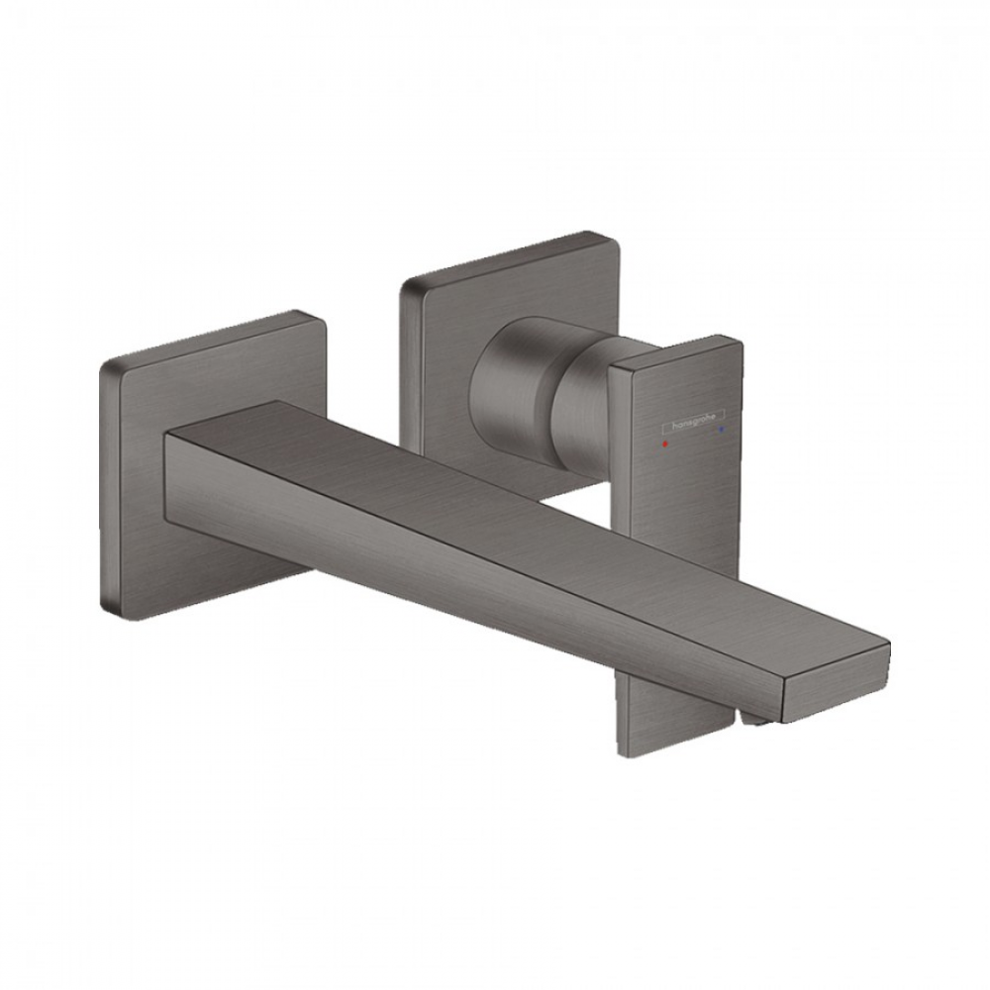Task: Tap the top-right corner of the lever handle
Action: tap(737, 342)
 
